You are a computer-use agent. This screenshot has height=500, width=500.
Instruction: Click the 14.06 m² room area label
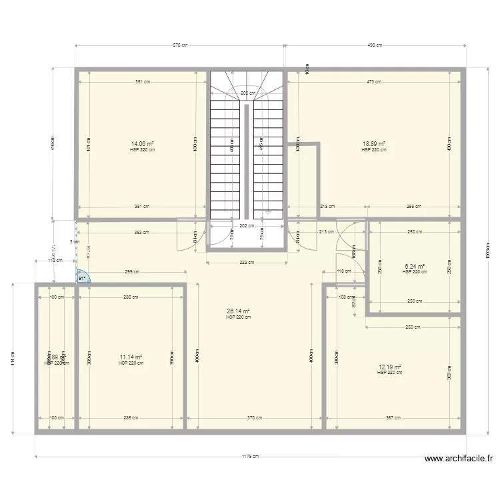(143, 144)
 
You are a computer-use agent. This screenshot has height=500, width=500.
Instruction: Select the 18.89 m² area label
(374, 144)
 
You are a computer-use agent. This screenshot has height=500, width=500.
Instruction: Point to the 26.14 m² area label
(238, 311)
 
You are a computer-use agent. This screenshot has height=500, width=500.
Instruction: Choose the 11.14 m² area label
(131, 357)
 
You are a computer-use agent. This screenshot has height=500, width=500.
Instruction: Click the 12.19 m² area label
(390, 367)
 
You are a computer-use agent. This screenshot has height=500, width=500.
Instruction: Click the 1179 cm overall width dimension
(251, 457)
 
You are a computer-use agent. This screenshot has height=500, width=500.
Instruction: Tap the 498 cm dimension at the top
(375, 45)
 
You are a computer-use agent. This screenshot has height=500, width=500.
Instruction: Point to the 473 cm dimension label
(373, 82)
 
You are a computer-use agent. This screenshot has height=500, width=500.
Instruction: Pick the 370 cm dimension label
(254, 418)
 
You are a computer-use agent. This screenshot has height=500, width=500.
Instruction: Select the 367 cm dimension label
(393, 418)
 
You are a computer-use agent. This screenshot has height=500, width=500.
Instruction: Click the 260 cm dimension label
(413, 327)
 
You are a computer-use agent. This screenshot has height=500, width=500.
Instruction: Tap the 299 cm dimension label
(132, 271)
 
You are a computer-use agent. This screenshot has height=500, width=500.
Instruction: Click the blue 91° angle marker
(82, 277)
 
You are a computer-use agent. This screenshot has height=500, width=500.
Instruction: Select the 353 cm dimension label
(141, 233)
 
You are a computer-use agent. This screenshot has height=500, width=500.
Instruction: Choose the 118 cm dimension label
(344, 271)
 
